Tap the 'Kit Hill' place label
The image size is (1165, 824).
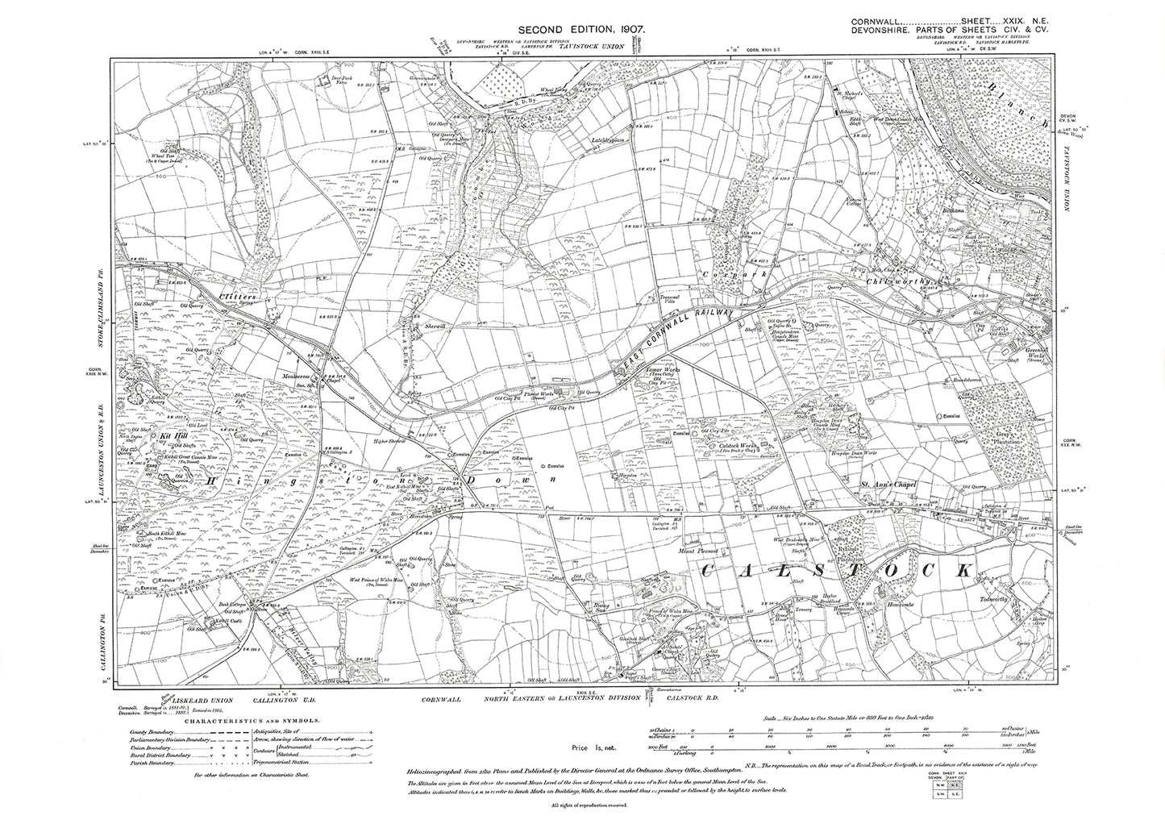tap(173, 437)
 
